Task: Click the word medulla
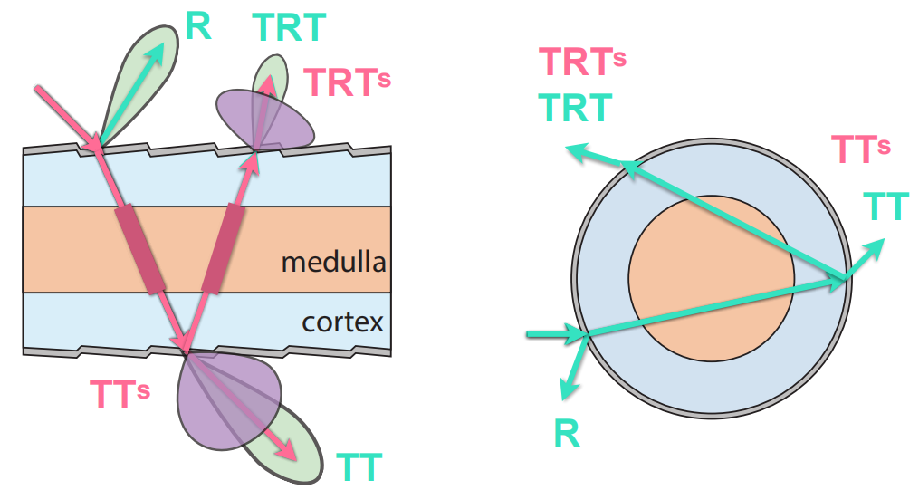coord(333,263)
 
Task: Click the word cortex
coord(342,322)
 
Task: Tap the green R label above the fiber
coord(197,26)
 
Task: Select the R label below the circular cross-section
coord(566,434)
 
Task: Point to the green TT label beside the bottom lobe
coord(359,467)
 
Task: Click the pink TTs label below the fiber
coord(119,393)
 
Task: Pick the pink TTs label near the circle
coord(861,149)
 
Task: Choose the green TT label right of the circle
coord(885,207)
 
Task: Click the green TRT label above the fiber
coord(288,28)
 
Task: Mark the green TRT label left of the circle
coord(575,108)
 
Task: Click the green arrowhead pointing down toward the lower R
coord(568,388)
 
